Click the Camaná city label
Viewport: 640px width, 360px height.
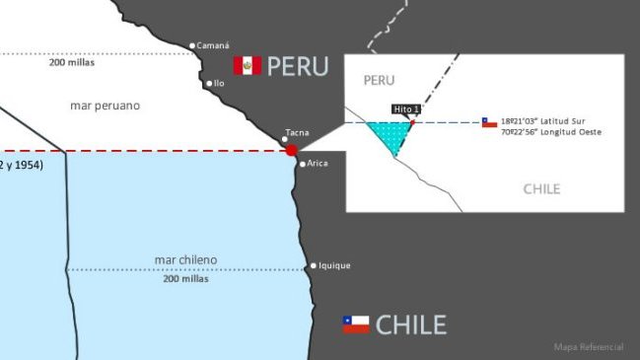[213, 45]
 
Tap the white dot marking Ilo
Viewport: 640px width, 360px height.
[208, 84]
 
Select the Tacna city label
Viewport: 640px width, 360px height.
[297, 131]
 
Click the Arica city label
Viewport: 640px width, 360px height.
[318, 163]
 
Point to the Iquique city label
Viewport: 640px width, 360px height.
[334, 265]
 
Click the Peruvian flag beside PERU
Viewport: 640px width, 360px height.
[247, 66]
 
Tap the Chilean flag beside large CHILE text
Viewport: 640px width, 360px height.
[356, 324]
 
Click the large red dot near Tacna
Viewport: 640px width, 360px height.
[291, 150]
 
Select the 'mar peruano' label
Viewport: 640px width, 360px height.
[105, 105]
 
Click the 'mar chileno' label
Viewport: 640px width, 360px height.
[185, 259]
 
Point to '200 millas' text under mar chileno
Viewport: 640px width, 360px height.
[185, 278]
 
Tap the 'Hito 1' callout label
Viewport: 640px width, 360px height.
[406, 108]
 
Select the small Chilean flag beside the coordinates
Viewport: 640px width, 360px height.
[489, 123]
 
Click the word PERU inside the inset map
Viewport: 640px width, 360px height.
[379, 79]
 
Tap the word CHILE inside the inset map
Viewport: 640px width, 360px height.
[541, 188]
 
